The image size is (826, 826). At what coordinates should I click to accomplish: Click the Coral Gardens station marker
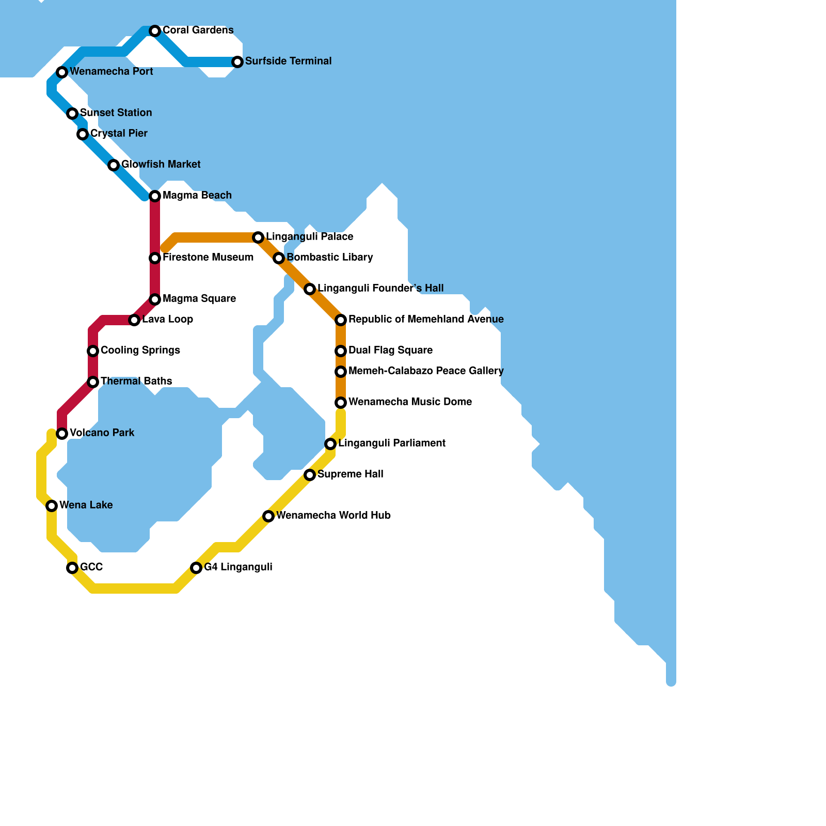coord(155,31)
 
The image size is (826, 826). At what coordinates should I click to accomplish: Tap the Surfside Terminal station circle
coord(237,62)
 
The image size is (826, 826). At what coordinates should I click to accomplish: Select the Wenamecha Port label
coord(111,71)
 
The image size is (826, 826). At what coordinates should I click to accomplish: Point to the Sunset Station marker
coord(72,114)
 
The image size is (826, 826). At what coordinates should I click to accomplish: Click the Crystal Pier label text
coord(119,133)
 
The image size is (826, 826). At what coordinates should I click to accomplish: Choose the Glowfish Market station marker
coord(114,165)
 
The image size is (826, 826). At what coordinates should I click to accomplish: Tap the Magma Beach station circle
coord(155,196)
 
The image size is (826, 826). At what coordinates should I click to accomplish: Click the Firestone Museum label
coord(208,257)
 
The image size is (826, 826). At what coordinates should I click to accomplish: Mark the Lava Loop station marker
coord(134,320)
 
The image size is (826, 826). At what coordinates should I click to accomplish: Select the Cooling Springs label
coord(140,350)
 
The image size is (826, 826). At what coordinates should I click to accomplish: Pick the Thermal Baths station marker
coord(93,382)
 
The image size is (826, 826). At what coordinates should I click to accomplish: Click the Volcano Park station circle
coord(62,434)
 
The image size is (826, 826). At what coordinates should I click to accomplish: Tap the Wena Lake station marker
coord(52,506)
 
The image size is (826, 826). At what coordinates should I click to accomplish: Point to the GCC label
coord(91,567)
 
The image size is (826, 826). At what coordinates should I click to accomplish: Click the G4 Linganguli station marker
coord(196,568)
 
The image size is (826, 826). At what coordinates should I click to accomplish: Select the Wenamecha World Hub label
coord(333,515)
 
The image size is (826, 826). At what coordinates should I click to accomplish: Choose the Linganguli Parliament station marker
coord(330,444)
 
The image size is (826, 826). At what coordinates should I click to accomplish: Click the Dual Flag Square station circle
coord(341,351)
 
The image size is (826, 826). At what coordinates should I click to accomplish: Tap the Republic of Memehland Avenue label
coord(426,319)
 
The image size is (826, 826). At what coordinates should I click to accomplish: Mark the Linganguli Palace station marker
coord(258,237)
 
